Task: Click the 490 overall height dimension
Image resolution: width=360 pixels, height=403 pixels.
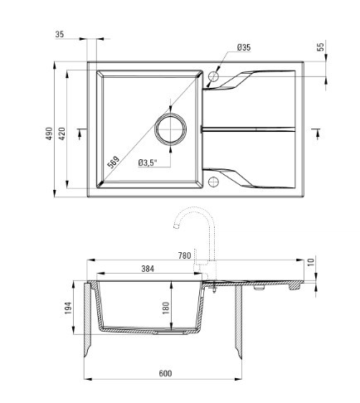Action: tap(49, 134)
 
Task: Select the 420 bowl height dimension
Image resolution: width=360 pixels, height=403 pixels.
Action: tap(61, 134)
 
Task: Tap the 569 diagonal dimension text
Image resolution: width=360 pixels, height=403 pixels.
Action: tap(114, 163)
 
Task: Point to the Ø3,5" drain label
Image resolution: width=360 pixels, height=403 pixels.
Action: tap(148, 163)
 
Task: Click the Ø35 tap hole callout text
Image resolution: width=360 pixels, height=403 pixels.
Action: tap(244, 47)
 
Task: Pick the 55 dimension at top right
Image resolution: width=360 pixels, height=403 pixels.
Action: tap(320, 47)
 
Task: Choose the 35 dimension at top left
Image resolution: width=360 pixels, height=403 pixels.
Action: tap(60, 34)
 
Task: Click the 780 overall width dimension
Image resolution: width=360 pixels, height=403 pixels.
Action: tap(185, 255)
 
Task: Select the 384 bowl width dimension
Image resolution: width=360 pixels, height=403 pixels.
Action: tap(148, 269)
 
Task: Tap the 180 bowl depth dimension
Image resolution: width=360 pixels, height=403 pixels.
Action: tap(165, 308)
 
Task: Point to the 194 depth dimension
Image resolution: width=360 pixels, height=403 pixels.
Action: tap(68, 308)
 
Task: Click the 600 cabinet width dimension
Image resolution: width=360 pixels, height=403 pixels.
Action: tap(165, 373)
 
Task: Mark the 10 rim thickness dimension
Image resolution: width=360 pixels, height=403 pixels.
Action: tap(311, 261)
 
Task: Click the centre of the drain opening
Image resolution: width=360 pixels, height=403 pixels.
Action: tap(170, 129)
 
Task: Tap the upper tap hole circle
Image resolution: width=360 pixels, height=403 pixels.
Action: tap(213, 76)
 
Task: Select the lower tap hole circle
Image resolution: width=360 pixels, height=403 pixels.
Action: tap(213, 182)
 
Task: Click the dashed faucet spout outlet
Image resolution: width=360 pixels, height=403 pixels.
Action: tap(176, 226)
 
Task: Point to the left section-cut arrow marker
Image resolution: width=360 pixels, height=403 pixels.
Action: tap(80, 134)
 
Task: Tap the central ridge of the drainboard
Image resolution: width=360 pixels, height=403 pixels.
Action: tap(248, 129)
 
